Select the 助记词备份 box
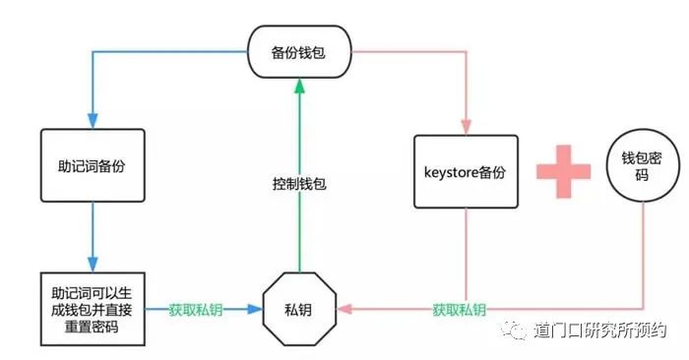click(93, 165)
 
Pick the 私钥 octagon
click(301, 308)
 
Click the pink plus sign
click(564, 169)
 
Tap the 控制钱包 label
click(299, 183)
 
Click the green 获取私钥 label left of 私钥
click(195, 309)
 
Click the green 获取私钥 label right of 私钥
click(459, 310)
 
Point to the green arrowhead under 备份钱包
click(299, 88)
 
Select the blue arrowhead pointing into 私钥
click(257, 309)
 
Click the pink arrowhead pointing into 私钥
click(344, 309)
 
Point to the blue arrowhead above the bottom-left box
click(92, 263)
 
